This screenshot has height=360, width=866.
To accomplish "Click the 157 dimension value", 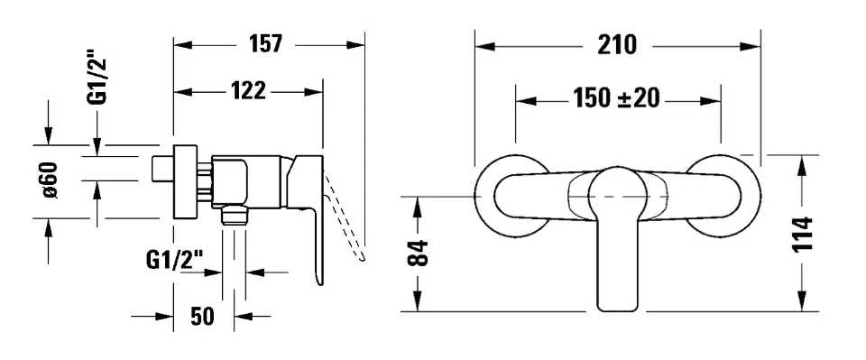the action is click(265, 43).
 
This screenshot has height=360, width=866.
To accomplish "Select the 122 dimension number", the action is click(248, 91).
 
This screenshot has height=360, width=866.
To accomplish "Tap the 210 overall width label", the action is click(617, 45).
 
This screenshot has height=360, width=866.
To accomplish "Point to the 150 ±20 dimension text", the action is click(616, 99).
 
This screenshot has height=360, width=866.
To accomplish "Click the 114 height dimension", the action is click(803, 234).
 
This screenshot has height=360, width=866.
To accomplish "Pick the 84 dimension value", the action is click(418, 253).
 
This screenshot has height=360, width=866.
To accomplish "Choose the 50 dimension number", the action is click(202, 317).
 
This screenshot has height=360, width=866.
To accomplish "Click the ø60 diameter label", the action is click(51, 180).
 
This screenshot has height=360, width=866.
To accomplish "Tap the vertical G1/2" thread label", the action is click(97, 77).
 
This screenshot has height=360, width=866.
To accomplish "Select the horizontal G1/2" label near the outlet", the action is click(174, 258).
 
